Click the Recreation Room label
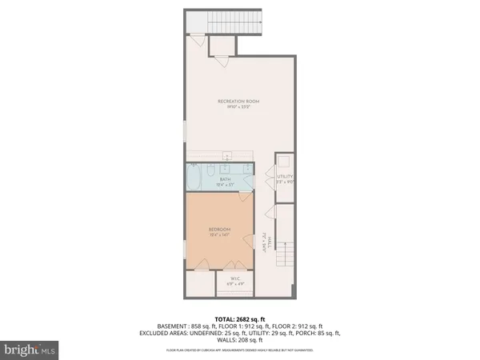239,99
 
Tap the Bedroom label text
218,228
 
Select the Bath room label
225,178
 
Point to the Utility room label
283,175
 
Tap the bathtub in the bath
195,175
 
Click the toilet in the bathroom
210,170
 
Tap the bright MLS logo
29,350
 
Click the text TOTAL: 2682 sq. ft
239,318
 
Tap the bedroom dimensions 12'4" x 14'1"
218,234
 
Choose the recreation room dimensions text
239,106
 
